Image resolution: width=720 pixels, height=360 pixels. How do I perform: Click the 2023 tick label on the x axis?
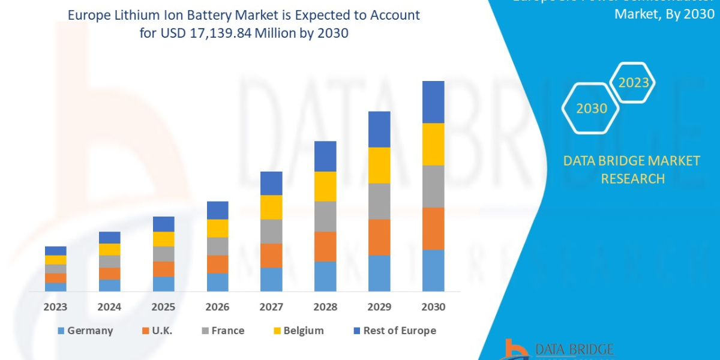point(55,307)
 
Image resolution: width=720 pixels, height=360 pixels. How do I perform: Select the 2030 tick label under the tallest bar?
point(433,307)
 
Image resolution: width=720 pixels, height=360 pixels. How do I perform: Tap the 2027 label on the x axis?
point(271,307)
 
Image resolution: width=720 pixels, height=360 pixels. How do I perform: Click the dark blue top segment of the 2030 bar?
point(433,102)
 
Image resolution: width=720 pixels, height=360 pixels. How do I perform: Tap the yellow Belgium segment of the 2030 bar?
point(433,144)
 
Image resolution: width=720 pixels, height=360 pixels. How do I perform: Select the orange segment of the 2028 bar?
point(325,246)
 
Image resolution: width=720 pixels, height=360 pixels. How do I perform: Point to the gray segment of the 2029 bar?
point(379,201)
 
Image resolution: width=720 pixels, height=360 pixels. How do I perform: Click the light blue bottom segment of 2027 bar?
point(271,279)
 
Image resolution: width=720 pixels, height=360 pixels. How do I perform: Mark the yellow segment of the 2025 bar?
point(163,239)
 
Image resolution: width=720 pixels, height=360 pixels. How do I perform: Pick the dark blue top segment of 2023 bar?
point(55,251)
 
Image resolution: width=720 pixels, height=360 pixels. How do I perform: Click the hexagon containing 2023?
point(632,83)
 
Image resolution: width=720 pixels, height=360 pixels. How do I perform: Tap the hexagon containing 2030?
point(590,109)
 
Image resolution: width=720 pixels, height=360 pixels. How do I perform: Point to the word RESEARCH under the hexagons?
point(632,179)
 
